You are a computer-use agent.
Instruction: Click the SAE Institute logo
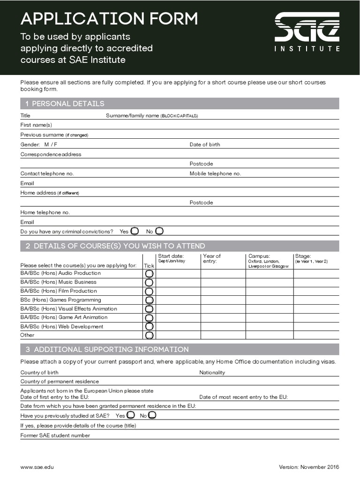tap(307, 32)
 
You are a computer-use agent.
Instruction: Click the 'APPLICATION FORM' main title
tap(109, 19)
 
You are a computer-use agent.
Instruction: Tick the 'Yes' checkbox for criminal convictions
tap(135, 231)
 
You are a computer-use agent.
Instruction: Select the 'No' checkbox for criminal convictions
tap(159, 231)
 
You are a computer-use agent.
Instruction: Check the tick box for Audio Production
tap(149, 273)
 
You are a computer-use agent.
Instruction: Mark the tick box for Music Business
tap(149, 282)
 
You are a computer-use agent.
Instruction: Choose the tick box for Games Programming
tap(149, 300)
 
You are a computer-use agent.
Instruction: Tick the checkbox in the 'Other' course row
tap(149, 335)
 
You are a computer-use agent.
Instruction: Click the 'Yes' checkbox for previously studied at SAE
tap(131, 415)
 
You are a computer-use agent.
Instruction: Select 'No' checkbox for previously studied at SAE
tap(152, 415)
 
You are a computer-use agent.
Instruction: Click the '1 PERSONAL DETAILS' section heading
tap(65, 104)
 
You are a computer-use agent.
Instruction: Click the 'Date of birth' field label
tap(204, 144)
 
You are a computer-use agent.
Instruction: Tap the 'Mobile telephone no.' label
tap(215, 173)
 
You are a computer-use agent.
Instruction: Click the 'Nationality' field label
tap(212, 372)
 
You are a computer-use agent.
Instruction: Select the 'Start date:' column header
tap(171, 256)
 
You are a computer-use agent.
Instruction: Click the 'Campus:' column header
tap(259, 256)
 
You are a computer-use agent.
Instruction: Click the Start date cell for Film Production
tap(178, 291)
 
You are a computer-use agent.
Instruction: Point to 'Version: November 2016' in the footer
tap(309, 467)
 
